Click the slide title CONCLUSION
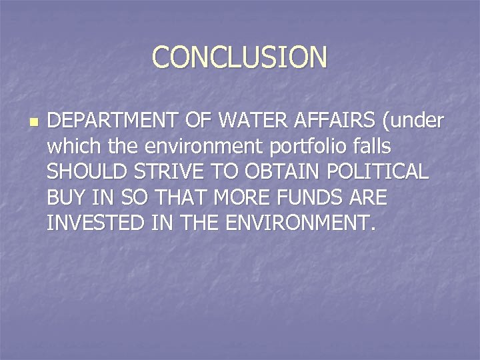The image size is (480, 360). [x=240, y=57]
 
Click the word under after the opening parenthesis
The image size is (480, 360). [x=419, y=122]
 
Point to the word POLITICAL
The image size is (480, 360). [x=379, y=171]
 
